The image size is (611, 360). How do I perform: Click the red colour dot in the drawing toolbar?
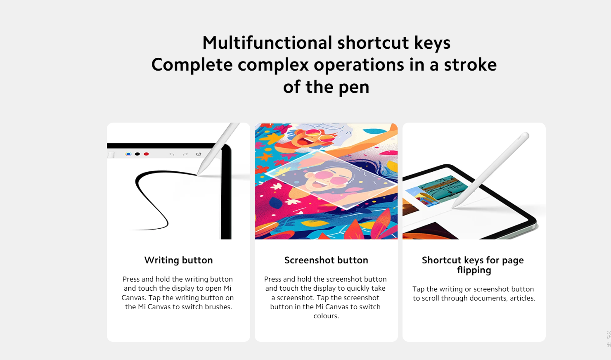[x=146, y=154]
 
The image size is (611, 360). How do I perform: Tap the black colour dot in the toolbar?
[x=137, y=154]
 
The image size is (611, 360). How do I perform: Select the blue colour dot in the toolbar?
[x=128, y=154]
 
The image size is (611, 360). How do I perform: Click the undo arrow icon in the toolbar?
[x=172, y=154]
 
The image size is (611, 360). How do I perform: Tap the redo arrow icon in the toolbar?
[x=185, y=154]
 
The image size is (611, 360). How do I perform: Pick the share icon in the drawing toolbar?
[x=199, y=154]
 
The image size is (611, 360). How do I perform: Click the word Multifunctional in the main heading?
[x=268, y=43]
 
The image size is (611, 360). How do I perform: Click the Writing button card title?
[x=178, y=260]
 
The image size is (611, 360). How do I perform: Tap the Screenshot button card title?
[x=326, y=260]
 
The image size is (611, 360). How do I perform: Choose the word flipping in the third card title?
[x=474, y=270]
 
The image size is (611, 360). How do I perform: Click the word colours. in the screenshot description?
[x=326, y=316]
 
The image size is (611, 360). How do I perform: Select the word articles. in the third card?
[x=522, y=298]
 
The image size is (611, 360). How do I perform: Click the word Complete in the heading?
[x=192, y=65]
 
